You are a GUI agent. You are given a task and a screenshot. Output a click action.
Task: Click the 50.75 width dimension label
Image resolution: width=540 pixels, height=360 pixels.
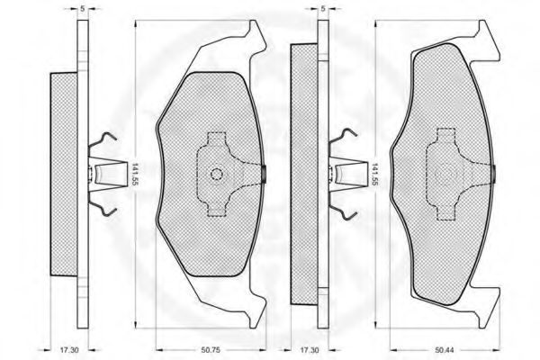[210, 350]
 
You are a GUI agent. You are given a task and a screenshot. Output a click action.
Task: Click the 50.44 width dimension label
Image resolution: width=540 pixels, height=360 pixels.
[444, 350]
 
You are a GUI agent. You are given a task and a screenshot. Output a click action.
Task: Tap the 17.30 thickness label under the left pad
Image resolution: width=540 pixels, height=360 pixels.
[69, 350]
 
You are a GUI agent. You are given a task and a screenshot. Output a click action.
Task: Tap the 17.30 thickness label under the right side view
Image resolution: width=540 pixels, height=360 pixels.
[310, 350]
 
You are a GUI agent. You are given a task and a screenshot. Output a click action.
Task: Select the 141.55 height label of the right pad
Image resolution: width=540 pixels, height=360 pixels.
[374, 175]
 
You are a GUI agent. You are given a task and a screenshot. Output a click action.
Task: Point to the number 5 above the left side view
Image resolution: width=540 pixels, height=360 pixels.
[82, 9]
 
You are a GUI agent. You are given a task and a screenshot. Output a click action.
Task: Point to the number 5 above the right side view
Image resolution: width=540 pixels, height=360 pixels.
[323, 9]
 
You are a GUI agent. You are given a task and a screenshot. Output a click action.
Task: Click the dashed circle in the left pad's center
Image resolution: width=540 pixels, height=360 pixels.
[217, 175]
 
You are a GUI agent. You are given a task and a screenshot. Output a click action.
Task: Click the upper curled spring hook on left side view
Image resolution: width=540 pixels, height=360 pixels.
[103, 140]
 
